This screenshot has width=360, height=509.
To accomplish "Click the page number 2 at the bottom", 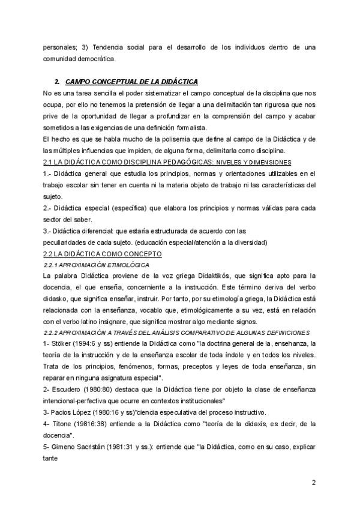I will coord(313,482).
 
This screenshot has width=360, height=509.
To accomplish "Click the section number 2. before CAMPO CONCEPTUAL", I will coord(56,81).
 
